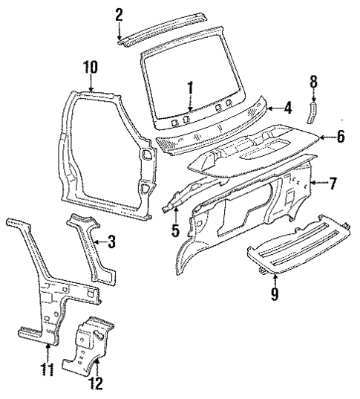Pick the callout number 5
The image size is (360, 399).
tap(175, 230)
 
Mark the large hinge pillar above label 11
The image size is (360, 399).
tap(45, 282)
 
